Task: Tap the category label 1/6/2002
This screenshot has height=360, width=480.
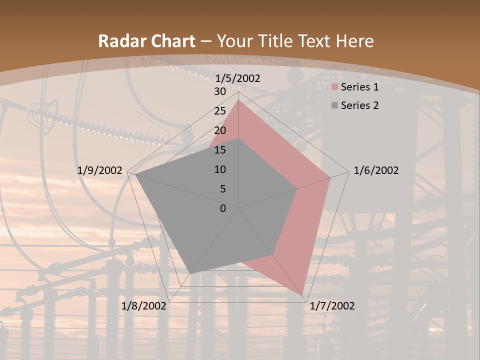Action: coord(376,170)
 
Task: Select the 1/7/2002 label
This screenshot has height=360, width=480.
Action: coord(332,306)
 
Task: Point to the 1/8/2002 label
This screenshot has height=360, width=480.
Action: coord(144,306)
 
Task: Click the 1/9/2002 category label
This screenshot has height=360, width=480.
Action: coord(100,170)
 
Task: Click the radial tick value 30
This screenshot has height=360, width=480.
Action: coord(220,91)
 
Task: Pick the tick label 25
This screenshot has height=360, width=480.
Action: coord(220,111)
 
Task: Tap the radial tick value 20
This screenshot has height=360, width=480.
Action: coord(220,130)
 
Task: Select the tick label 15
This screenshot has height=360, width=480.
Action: coord(220,150)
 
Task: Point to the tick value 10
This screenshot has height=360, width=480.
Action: coord(220,169)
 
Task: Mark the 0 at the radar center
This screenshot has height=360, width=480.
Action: coord(223,208)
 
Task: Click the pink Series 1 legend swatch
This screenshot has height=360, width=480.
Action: coord(334,87)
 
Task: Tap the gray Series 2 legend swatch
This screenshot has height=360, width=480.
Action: coord(334,105)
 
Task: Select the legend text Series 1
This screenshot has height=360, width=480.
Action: coord(359,87)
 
